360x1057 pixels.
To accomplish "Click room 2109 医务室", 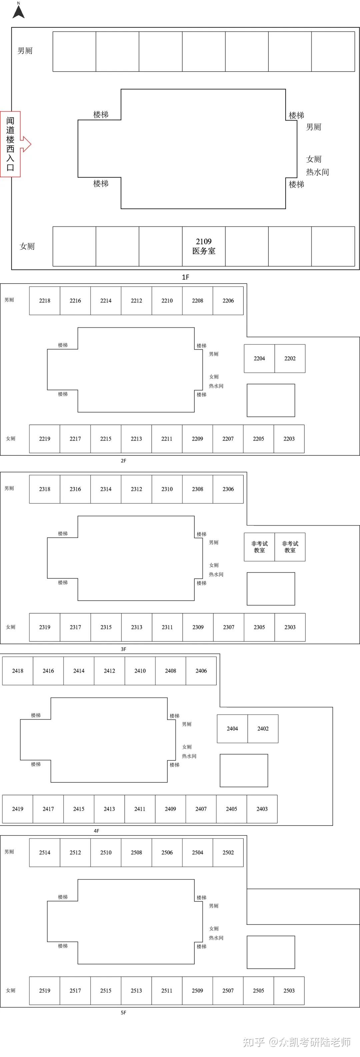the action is pyautogui.click(x=204, y=246).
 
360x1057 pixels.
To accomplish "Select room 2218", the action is pyautogui.click(x=45, y=301).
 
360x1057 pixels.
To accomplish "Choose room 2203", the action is pyautogui.click(x=289, y=439).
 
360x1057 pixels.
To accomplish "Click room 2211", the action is pyautogui.click(x=167, y=439).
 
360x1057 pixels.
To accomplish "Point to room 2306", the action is pyautogui.click(x=228, y=489).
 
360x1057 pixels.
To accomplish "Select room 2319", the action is pyautogui.click(x=45, y=627).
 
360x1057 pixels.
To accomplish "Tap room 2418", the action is pyautogui.click(x=18, y=671).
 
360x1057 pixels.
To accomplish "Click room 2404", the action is pyautogui.click(x=232, y=729).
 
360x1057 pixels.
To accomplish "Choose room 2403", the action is pyautogui.click(x=262, y=809).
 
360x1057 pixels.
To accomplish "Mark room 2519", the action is pyautogui.click(x=45, y=990).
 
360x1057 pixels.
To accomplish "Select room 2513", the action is pyautogui.click(x=136, y=990).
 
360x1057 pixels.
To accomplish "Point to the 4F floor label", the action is pyautogui.click(x=96, y=831).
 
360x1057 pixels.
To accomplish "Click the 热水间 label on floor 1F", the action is pyautogui.click(x=317, y=172).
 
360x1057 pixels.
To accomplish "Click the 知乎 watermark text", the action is pyautogui.click(x=253, y=1042).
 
